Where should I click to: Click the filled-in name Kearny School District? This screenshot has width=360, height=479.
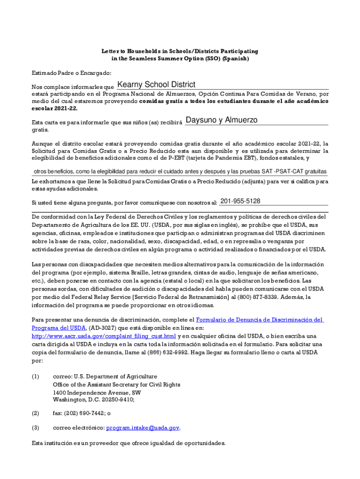tap(156, 85)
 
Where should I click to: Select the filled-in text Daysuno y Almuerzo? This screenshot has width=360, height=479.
tap(222, 120)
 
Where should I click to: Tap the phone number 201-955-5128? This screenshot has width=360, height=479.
tap(240, 201)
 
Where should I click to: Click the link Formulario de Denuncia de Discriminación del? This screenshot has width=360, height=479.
tap(259, 320)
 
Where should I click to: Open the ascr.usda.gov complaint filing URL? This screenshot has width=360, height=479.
tap(104, 336)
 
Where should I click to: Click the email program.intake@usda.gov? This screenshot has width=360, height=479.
tap(143, 428)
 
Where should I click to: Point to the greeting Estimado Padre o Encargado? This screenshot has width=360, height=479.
tap(72, 73)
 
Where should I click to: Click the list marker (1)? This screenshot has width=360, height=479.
tap(36, 377)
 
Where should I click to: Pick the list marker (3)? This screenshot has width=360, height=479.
tap(36, 428)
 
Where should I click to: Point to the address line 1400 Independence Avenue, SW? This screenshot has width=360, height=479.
tap(97, 392)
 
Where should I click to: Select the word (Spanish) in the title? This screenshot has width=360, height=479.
tap(236, 59)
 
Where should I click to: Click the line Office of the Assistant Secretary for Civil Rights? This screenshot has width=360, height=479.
tap(116, 385)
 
